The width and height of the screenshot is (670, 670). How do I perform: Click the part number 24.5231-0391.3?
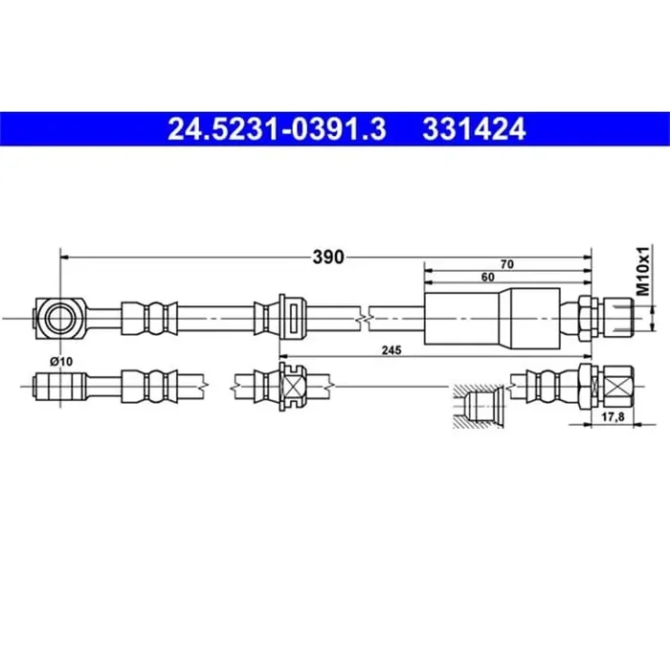(x=277, y=129)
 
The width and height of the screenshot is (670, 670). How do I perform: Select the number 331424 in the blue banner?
(x=474, y=129)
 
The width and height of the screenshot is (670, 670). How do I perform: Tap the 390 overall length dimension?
(x=328, y=257)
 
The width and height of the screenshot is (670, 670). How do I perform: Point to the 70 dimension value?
(x=506, y=264)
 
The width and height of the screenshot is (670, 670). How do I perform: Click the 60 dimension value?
(x=487, y=278)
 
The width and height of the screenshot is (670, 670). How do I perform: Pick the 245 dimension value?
(x=391, y=350)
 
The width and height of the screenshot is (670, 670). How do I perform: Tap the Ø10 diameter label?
(x=61, y=362)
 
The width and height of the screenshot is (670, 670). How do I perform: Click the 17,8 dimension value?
(x=613, y=416)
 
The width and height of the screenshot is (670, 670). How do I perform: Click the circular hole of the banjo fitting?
(x=59, y=319)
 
